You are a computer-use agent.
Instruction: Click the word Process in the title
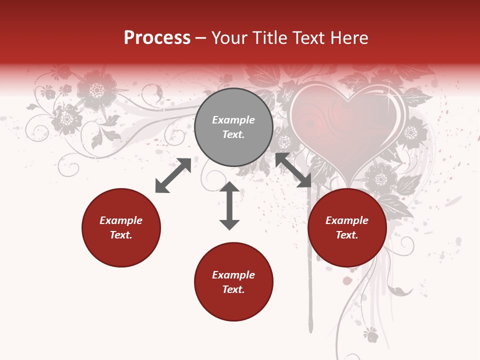[x=157, y=38]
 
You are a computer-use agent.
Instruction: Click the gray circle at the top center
[x=233, y=127]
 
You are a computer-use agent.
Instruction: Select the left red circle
[x=121, y=227]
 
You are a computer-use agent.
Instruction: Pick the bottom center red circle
[x=233, y=282]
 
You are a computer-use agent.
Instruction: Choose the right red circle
[x=347, y=227]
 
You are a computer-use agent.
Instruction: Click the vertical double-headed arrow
[x=229, y=205]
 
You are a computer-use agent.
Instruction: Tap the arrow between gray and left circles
[x=173, y=175]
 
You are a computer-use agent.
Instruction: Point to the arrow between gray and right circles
[x=293, y=170]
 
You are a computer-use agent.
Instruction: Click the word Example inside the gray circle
[x=233, y=120]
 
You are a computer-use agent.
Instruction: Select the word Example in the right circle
[x=347, y=220]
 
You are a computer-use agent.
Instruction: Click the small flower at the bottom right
[x=370, y=334]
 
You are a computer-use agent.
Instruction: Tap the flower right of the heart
[x=411, y=132]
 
